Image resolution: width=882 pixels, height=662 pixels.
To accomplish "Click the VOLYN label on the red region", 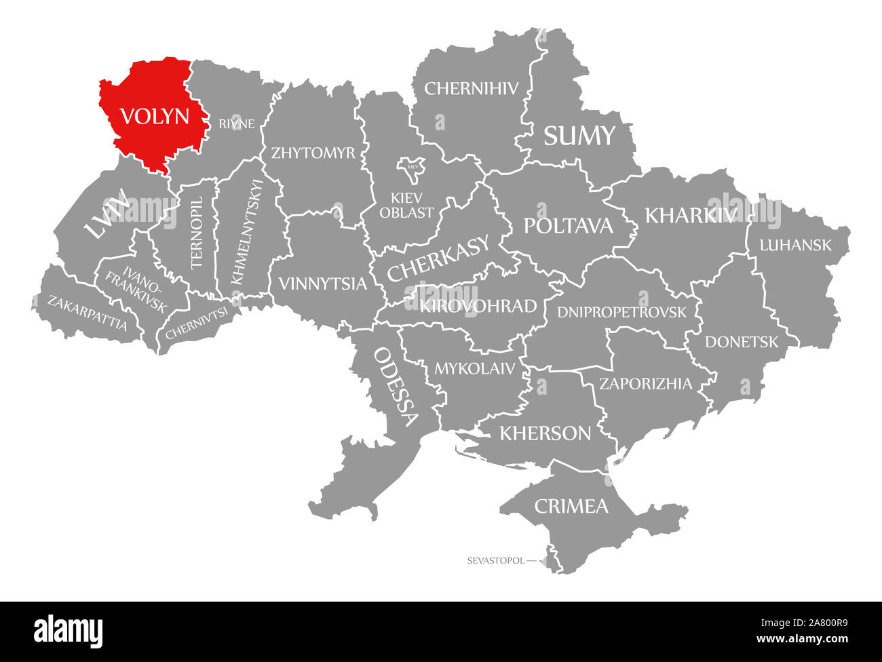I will (x=154, y=117).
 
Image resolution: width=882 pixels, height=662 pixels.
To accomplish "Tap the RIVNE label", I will (x=237, y=123).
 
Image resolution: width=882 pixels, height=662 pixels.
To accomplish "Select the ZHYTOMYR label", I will (x=313, y=153).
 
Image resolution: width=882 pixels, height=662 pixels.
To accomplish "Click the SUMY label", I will (x=579, y=136).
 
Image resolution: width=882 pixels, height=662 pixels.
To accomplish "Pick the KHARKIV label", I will (x=691, y=215).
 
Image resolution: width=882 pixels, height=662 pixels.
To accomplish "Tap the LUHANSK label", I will (x=795, y=245).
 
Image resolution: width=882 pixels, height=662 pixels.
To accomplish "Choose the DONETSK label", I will (x=742, y=342).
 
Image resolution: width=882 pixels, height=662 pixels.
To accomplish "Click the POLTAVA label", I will (x=568, y=226).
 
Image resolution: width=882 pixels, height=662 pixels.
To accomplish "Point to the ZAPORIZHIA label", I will (x=645, y=384).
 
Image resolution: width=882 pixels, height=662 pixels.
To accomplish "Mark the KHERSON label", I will (x=545, y=433).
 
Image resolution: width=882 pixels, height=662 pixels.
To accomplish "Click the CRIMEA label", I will (x=571, y=506).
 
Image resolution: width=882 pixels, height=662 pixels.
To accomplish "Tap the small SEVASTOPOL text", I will (x=495, y=561).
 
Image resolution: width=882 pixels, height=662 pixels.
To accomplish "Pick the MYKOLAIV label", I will (x=475, y=368).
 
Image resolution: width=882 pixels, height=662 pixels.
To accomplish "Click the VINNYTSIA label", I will (x=321, y=284).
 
